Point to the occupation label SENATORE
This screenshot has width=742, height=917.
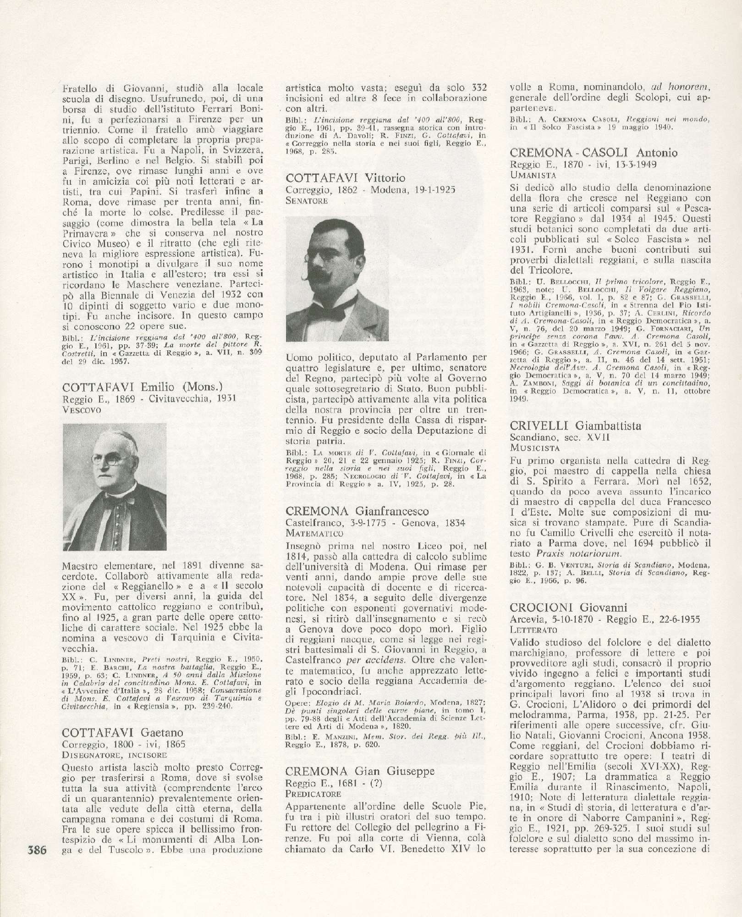pyautogui.click(x=306, y=200)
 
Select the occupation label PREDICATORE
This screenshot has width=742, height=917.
pyautogui.click(x=313, y=793)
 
